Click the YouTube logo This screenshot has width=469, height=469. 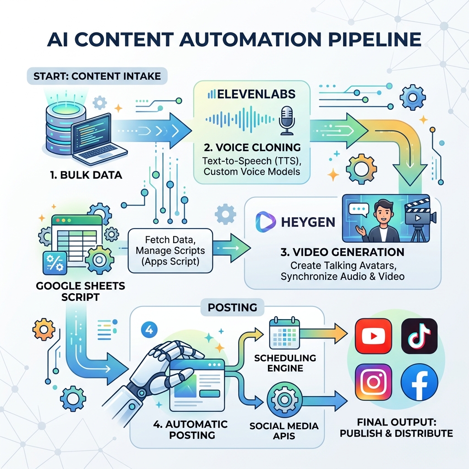point(373,336)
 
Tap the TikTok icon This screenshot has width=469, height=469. point(419,336)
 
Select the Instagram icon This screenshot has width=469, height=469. point(373,382)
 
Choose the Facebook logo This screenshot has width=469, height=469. point(419,382)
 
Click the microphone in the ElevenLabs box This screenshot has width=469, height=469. point(287,120)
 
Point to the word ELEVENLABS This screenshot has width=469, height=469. point(256,94)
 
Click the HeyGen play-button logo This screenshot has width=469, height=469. point(266,222)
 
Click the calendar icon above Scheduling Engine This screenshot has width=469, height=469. point(284,333)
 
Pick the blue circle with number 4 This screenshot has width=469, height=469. point(149,330)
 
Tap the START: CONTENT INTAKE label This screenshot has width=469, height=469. point(97,76)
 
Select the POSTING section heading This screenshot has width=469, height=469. point(232,307)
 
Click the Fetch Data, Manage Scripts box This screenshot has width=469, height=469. point(170,251)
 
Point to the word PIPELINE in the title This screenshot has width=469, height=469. point(375,39)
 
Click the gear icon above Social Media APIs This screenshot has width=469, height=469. point(284,399)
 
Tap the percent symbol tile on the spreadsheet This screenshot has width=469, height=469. point(55,263)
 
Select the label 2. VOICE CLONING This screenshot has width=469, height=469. point(252,147)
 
